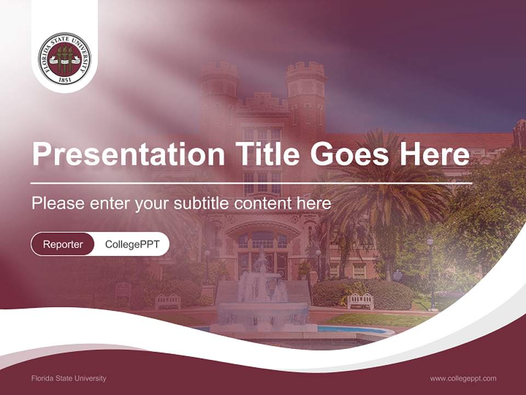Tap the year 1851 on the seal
(x=65, y=79)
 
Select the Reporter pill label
(x=63, y=244)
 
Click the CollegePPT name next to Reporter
(x=132, y=244)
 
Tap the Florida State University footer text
(x=69, y=378)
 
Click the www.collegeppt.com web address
(x=463, y=378)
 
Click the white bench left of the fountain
(x=168, y=301)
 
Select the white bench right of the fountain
(x=361, y=301)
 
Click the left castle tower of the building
(x=219, y=88)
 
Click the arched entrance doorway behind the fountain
(x=262, y=247)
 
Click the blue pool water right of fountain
(x=351, y=329)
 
